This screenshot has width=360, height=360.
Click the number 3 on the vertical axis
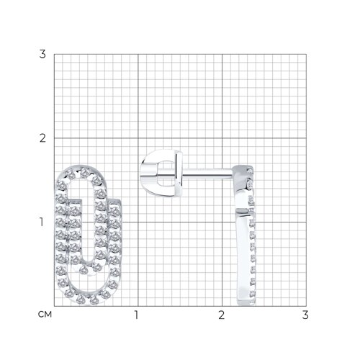(x=42, y=54)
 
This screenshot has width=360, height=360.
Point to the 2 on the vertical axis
(x=42, y=138)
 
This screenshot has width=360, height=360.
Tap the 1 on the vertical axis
(x=42, y=222)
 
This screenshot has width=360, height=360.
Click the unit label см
(x=45, y=314)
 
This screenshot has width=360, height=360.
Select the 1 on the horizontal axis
(x=137, y=315)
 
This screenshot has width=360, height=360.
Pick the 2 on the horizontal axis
(x=222, y=315)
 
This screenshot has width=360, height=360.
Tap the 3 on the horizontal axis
(x=305, y=315)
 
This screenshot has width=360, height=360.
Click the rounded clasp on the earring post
(x=161, y=174)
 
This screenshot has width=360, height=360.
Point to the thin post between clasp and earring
(x=208, y=174)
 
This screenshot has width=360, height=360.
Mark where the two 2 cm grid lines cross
(x=222, y=138)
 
